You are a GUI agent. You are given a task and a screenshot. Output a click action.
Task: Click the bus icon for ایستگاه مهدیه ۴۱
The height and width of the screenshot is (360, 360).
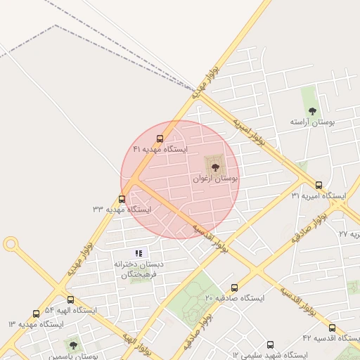(160, 139)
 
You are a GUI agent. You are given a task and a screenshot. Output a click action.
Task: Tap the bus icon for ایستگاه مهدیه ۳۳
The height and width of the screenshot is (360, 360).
(122, 200)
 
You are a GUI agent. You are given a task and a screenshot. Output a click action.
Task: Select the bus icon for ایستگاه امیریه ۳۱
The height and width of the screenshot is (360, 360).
(319, 186)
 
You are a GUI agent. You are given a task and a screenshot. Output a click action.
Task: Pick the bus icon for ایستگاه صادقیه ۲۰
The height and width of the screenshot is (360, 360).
(234, 288)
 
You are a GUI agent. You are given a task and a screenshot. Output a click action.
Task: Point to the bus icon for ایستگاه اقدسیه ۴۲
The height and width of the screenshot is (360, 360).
(332, 328)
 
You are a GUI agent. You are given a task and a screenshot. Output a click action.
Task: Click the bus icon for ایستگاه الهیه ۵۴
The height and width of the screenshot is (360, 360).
(70, 300)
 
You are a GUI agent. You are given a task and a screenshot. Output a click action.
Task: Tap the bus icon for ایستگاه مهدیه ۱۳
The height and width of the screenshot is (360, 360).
(36, 314)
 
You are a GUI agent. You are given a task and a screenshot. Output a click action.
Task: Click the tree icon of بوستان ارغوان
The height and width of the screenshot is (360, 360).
(214, 167)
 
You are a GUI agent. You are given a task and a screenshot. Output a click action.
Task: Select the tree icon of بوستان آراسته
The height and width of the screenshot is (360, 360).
(312, 111)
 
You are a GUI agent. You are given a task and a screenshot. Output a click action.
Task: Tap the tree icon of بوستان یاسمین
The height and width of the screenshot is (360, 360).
(72, 345)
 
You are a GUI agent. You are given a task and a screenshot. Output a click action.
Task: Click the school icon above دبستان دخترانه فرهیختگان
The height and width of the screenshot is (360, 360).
(138, 252)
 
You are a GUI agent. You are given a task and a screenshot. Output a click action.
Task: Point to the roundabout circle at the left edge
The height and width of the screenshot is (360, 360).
(11, 244)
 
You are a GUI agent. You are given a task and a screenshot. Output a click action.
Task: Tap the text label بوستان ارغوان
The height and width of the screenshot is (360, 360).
(216, 180)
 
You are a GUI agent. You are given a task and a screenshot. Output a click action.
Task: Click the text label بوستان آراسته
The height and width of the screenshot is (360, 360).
(314, 122)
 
